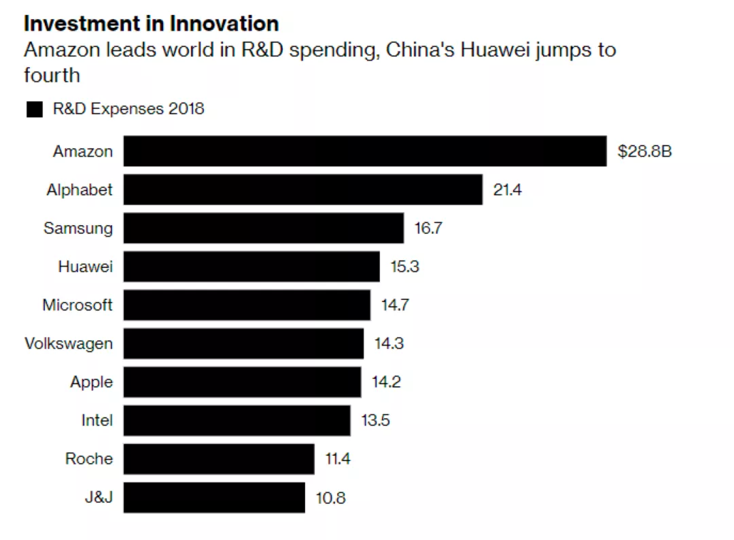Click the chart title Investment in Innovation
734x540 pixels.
pos(151,24)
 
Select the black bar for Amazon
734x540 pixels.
pos(364,151)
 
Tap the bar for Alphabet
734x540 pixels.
pos(302,190)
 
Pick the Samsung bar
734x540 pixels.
pos(263,228)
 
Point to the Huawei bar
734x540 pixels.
pos(251,267)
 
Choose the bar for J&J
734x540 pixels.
pos(214,498)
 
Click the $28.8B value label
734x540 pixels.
pos(644,151)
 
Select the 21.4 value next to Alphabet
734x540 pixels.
pos(508,190)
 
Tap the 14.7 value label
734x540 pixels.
pos(395,305)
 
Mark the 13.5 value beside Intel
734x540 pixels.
pos(375,420)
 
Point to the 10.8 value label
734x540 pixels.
pos(330,498)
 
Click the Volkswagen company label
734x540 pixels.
pos(69,343)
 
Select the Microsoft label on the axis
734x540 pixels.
pos(77,305)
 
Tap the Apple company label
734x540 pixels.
pos(91,382)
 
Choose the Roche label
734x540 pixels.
pos(89,459)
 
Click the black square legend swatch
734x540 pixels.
pos(35,109)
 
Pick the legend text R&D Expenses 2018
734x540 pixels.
pos(128,109)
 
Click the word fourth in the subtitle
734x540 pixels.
pos(52,75)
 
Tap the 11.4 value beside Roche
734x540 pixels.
pos(338,459)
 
